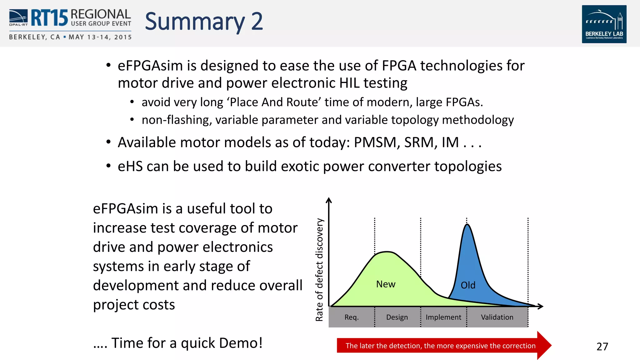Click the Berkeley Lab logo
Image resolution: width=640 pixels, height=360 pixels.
[x=604, y=24]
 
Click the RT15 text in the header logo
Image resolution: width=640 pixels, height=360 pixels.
[x=49, y=18]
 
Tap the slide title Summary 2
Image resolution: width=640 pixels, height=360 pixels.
[x=204, y=22]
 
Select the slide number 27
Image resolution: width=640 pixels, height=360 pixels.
[x=602, y=347]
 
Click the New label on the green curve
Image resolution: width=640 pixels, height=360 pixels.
[x=386, y=284]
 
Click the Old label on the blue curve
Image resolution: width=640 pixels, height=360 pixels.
[x=468, y=285]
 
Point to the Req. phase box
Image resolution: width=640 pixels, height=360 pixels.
[x=352, y=317]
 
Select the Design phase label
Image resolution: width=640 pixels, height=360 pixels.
[x=397, y=317]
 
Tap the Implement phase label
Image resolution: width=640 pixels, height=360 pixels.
[x=443, y=317]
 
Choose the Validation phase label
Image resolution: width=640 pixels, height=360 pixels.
[x=497, y=317]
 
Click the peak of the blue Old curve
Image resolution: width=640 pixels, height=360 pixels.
[x=467, y=225]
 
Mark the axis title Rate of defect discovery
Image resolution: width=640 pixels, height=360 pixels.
[x=319, y=269]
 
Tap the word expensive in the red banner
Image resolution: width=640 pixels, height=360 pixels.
[x=473, y=346]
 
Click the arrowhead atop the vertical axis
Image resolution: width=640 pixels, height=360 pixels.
[x=328, y=200]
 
